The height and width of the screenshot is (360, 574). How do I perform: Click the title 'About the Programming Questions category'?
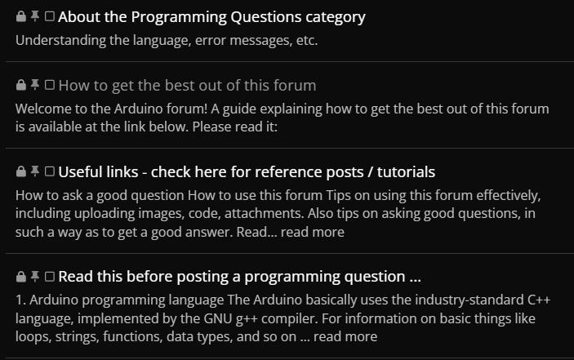[x=211, y=17]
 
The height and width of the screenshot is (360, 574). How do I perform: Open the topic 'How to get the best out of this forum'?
[x=187, y=86]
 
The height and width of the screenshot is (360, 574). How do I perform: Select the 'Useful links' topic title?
[x=247, y=172]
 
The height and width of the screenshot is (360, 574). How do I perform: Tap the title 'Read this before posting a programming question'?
[x=239, y=277]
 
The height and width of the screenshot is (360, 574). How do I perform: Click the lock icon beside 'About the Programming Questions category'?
[x=21, y=16]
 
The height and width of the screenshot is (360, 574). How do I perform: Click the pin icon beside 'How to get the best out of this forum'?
[x=35, y=85]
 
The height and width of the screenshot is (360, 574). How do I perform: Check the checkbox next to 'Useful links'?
[x=50, y=171]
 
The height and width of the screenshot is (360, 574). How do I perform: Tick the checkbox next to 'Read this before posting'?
[x=50, y=276]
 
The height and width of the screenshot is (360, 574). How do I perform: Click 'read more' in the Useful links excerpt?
[x=312, y=232]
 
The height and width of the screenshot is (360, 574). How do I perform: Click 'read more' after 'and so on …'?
[x=345, y=336]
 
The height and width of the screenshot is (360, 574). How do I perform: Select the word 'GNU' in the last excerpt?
[x=218, y=318]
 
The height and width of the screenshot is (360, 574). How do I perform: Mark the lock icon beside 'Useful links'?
[x=21, y=171]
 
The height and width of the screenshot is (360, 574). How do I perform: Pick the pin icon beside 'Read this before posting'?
[x=35, y=276]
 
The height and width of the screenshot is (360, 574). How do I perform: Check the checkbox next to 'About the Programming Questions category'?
[x=50, y=16]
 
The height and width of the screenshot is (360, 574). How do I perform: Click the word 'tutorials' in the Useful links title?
[x=406, y=172]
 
